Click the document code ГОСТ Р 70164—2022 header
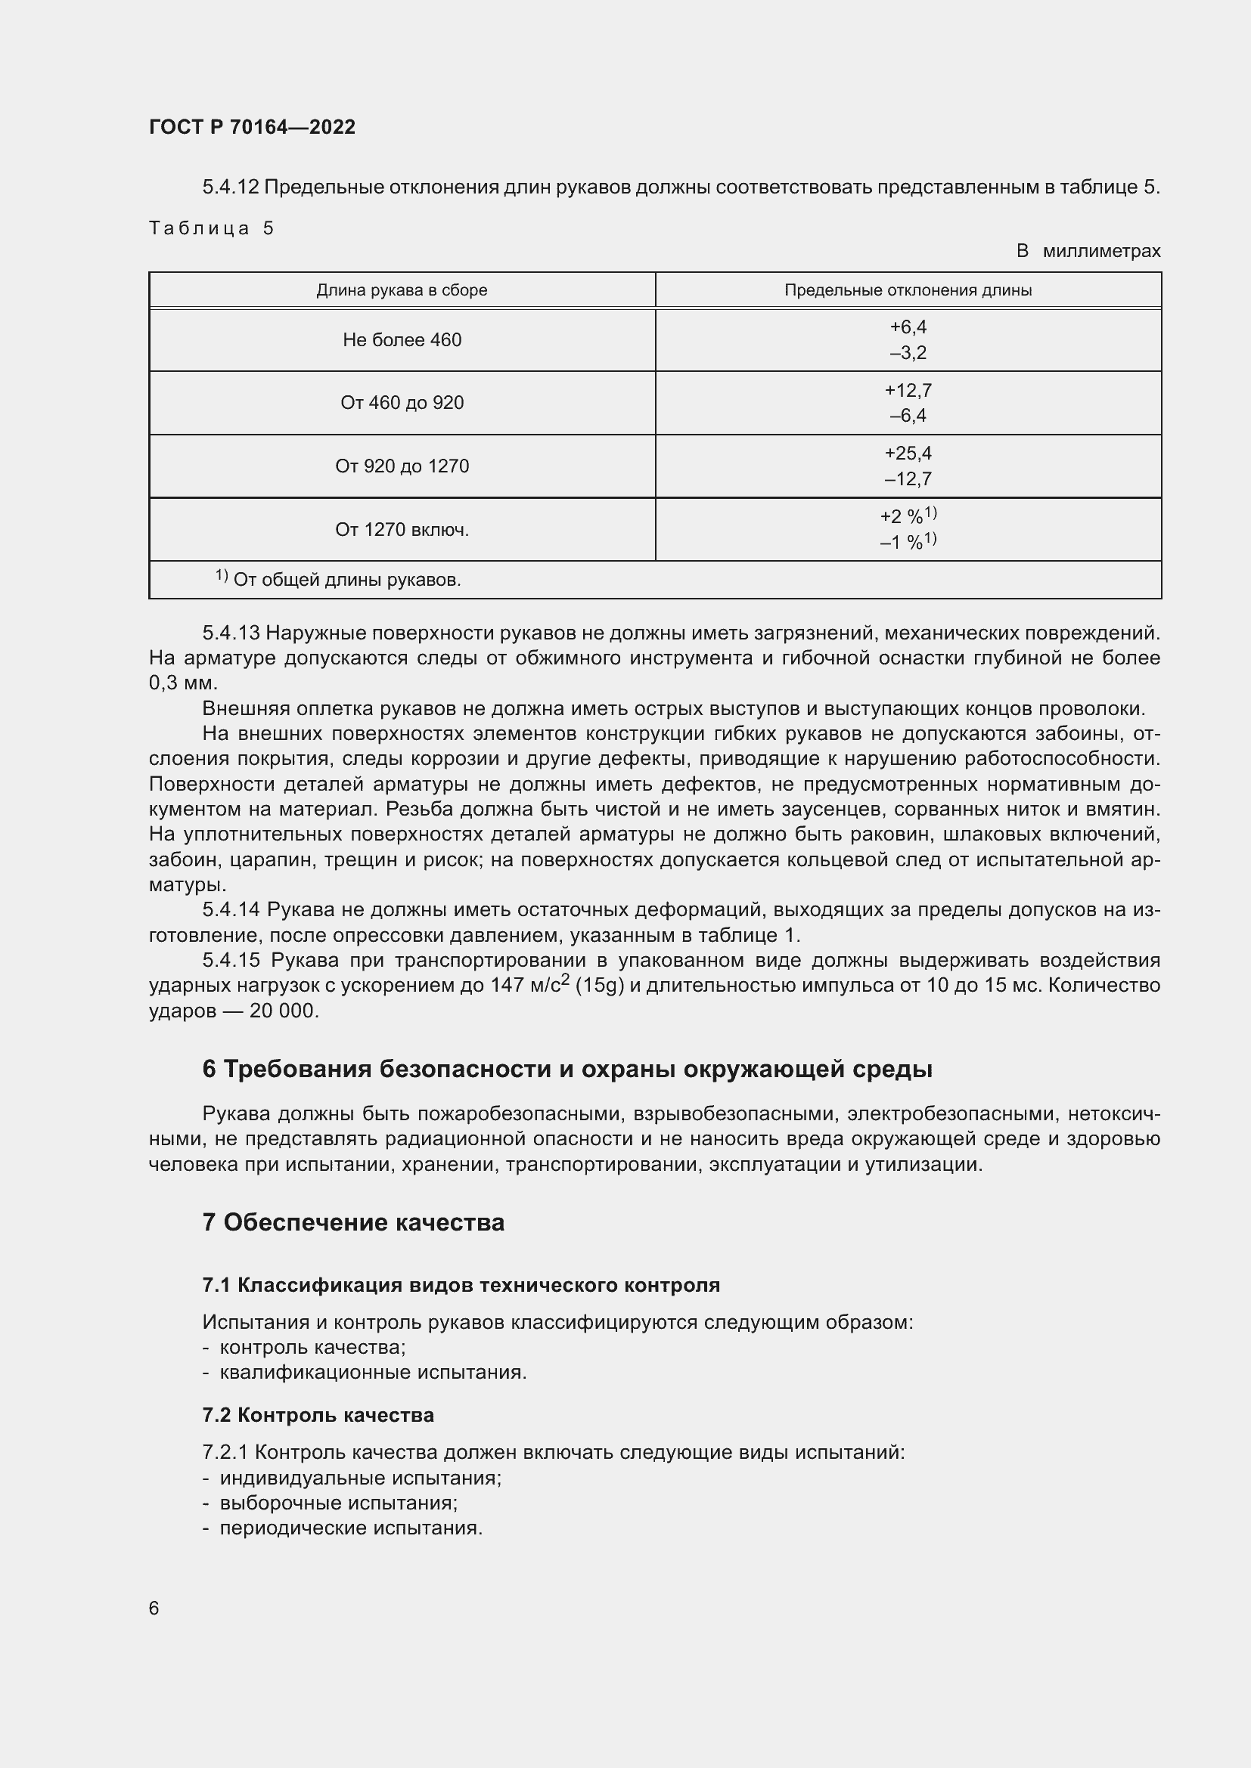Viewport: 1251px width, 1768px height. (252, 127)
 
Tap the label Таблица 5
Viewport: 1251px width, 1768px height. (211, 228)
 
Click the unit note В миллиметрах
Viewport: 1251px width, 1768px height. (1088, 251)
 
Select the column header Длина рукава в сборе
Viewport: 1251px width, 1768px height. (402, 290)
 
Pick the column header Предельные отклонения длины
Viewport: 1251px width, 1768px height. (908, 290)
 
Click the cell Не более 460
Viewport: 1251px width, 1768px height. (402, 339)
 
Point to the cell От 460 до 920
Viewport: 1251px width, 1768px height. (402, 403)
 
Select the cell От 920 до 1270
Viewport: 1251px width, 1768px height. (402, 466)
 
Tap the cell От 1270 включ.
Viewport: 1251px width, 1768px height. (402, 530)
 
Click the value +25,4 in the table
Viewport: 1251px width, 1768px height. (908, 453)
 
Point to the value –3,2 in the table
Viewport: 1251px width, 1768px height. (908, 354)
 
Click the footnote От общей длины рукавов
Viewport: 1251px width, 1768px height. (346, 580)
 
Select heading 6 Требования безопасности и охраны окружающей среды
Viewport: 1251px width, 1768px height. (567, 1070)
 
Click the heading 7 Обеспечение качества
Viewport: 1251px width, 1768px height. (352, 1223)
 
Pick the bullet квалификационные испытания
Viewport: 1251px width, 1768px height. (373, 1372)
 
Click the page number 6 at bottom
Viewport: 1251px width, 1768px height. (154, 1608)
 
